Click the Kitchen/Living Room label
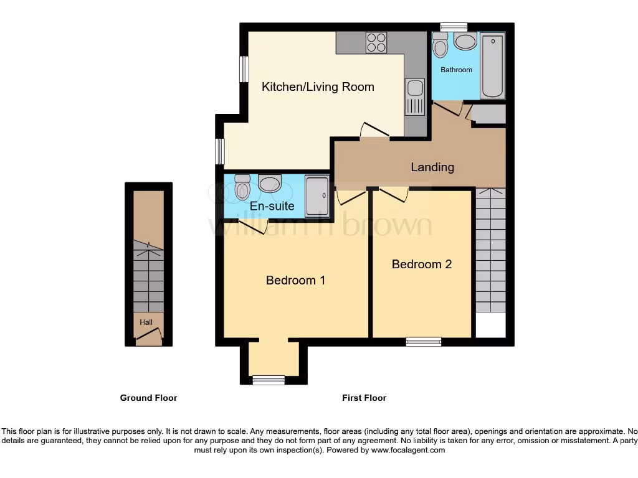[318, 87]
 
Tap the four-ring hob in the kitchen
[376, 42]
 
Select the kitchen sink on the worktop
[414, 97]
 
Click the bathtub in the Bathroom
[493, 66]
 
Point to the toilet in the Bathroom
[440, 45]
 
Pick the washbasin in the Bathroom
[465, 42]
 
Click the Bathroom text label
[456, 70]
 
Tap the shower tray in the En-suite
[317, 196]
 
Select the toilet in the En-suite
[242, 187]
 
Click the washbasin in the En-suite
[269, 184]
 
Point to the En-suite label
[272, 206]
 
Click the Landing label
[432, 167]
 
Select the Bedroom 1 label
[295, 280]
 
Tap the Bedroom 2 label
[421, 264]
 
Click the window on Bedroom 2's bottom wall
[424, 341]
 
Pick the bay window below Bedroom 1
[269, 380]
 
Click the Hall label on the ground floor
[146, 322]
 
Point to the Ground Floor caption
[148, 398]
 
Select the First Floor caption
[364, 398]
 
